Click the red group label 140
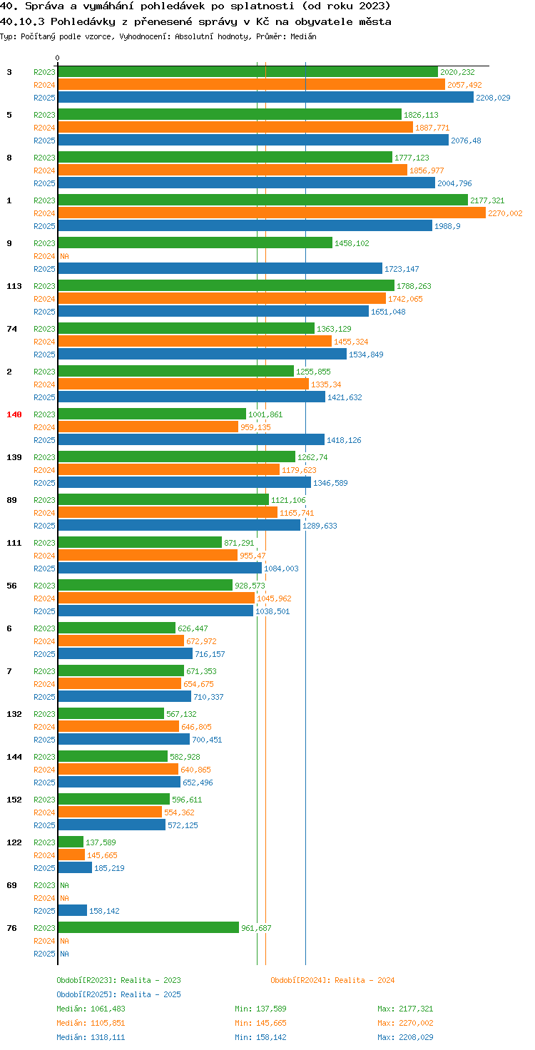tap(14, 414)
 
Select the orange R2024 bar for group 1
tap(272, 213)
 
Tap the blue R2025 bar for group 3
tap(266, 97)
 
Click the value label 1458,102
tap(352, 243)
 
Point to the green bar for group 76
tap(148, 927)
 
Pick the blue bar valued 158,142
tap(73, 910)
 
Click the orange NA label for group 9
tap(64, 256)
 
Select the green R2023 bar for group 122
tap(71, 842)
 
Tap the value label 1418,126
tap(344, 440)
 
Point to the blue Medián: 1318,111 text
tap(91, 1037)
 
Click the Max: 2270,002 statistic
tap(405, 1023)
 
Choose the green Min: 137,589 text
tap(260, 1009)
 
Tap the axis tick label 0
tap(57, 58)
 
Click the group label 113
tap(14, 286)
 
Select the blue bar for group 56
tap(156, 611)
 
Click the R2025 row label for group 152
tap(44, 825)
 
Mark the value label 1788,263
tap(414, 286)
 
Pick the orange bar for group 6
tap(121, 641)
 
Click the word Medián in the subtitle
tap(303, 36)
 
